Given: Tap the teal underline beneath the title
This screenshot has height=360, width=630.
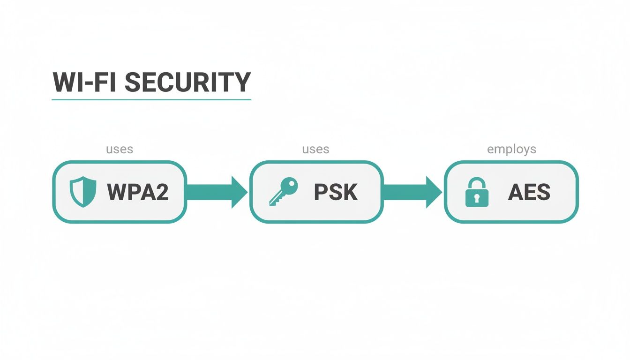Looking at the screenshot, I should point(151,99).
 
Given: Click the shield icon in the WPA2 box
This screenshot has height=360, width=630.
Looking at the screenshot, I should point(82,192).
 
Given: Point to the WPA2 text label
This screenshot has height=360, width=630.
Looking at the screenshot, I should point(138,192).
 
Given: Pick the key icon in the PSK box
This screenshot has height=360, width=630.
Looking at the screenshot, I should point(283,191).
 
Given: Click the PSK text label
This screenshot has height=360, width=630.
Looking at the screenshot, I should point(336,192).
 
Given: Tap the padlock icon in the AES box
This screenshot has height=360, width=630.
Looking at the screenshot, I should point(476,192).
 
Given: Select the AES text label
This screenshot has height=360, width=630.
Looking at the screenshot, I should point(529,192).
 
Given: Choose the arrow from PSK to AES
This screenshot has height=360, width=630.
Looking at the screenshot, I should point(412,192).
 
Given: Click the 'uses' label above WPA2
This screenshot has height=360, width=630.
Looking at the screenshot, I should point(120,149).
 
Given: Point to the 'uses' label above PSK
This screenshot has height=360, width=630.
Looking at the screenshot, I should point(315,149).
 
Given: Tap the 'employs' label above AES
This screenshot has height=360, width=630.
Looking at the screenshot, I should point(511,149).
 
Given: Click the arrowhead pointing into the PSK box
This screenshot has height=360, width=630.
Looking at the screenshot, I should point(239,192).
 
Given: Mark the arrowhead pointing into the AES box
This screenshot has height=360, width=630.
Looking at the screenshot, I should point(433,192).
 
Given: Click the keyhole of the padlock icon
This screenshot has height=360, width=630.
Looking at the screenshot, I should point(476,198).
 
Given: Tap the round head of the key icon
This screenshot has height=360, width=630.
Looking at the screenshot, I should point(290,185).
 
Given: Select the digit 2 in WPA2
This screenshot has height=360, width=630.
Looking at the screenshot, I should point(162,192).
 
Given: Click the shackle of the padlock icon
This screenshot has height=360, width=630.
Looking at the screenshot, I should point(476,183).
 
